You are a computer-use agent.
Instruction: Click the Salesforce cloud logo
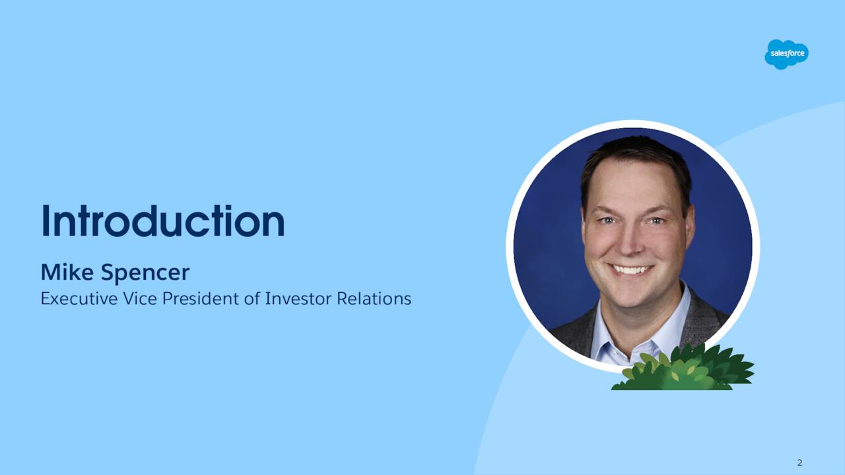point(786,54)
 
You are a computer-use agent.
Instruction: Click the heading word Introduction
point(162,222)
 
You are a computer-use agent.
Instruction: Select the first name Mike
point(63,272)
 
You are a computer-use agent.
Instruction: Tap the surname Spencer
point(145,273)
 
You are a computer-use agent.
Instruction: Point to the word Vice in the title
point(141,299)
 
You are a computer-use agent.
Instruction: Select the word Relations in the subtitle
point(374,299)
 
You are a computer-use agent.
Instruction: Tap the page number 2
point(799,462)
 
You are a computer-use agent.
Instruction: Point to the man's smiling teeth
point(630,269)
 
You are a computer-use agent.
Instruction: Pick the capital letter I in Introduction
point(46,222)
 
